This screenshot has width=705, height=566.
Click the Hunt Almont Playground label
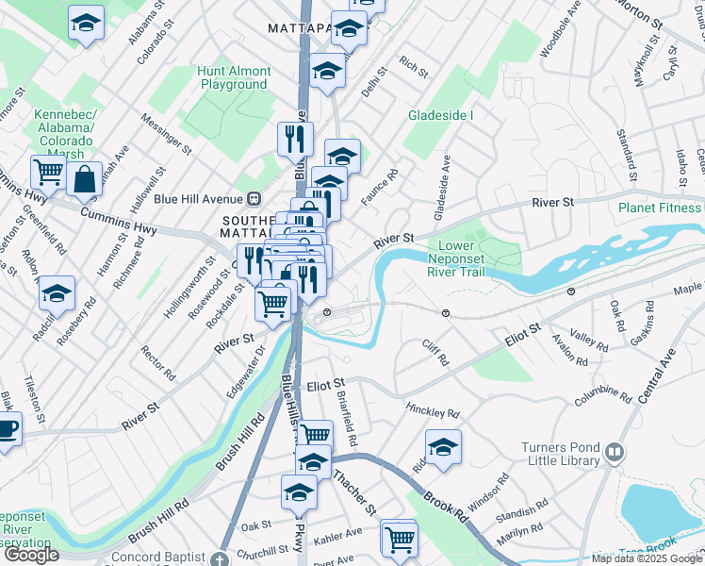pos(235,77)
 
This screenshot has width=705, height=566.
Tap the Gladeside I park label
pos(440,115)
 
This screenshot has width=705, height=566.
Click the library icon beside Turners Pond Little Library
pos(615,453)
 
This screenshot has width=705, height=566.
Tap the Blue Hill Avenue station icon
pos(254,199)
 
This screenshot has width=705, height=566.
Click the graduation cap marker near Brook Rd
pos(443,445)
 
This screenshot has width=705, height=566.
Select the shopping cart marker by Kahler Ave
pos(401,539)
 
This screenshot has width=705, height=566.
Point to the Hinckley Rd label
pos(432,413)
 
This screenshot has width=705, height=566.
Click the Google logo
pos(31,555)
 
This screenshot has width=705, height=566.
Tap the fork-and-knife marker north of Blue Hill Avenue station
pos(295,139)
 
